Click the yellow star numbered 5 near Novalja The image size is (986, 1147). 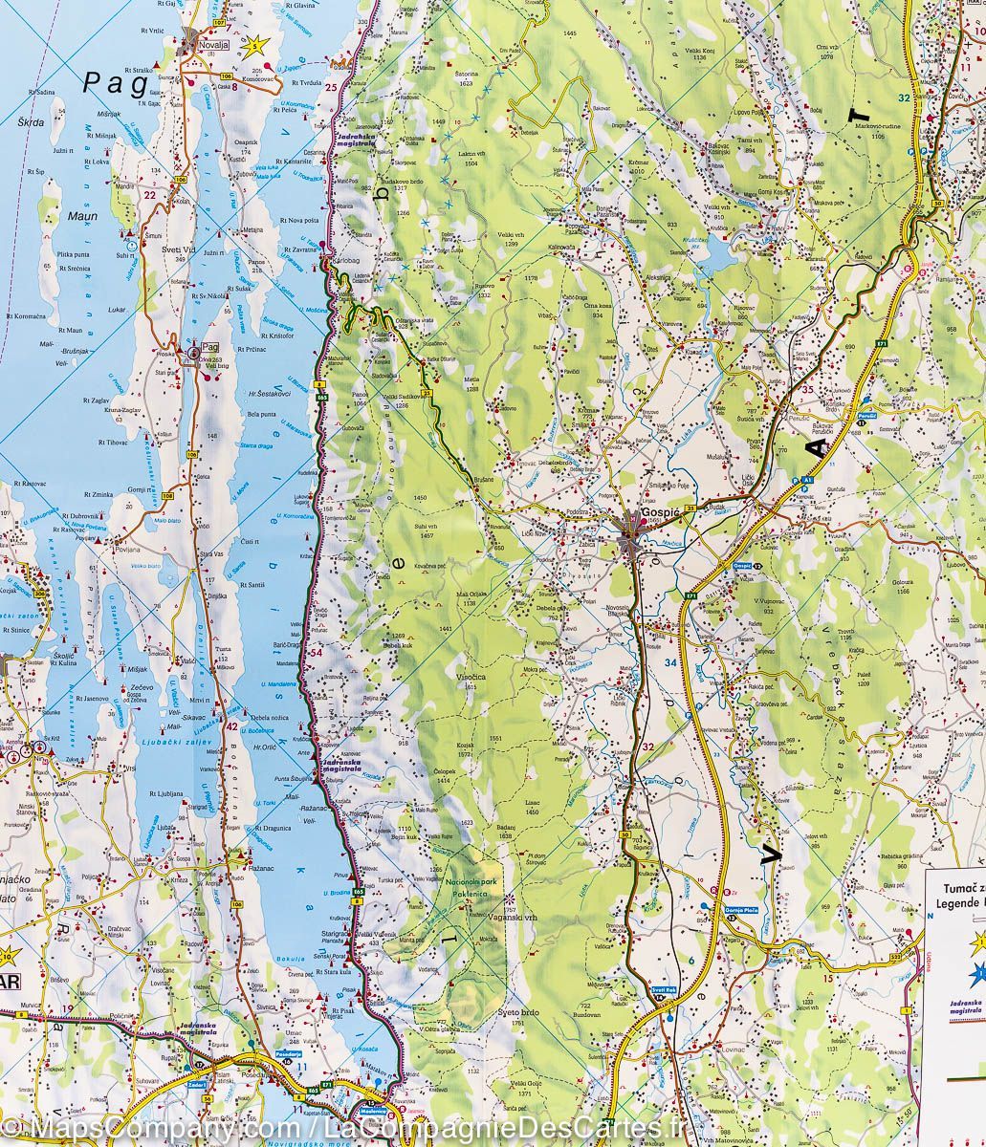pos(254,44)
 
